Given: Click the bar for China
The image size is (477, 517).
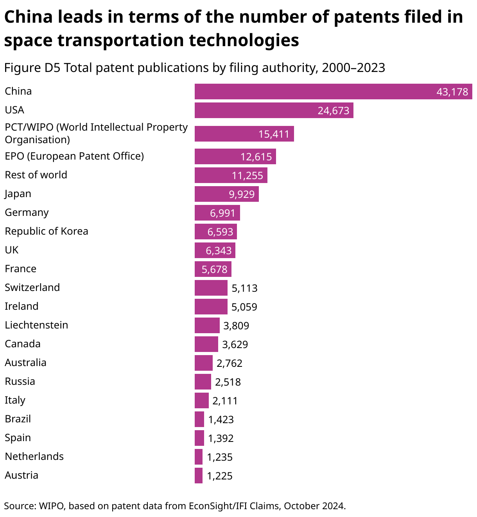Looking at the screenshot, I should (333, 92).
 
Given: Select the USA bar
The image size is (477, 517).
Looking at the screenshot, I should (274, 110).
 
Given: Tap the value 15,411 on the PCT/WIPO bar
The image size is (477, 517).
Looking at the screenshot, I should (274, 134).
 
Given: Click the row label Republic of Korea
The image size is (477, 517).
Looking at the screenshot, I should (47, 231).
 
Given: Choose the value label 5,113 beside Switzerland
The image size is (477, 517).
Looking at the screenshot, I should (244, 288).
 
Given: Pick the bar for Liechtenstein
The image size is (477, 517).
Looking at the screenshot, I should (207, 325).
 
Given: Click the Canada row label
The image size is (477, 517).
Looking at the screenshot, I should (23, 344).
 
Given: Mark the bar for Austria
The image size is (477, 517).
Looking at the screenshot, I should (199, 476).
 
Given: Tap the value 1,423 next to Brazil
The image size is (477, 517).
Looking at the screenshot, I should (221, 420).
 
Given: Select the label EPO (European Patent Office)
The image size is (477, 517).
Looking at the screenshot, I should (74, 156).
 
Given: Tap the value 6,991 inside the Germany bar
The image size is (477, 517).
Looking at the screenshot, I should (222, 213).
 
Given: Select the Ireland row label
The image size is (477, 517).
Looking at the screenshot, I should (22, 306).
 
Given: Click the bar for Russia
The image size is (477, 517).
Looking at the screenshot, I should (203, 382).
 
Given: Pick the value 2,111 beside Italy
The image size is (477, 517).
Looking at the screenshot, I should (225, 401).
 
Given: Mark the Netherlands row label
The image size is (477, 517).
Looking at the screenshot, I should (34, 456).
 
